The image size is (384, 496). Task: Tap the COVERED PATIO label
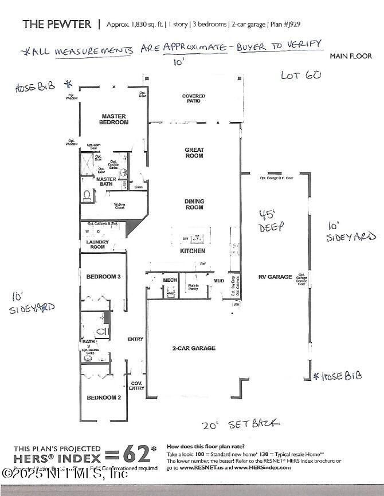click(x=194, y=99)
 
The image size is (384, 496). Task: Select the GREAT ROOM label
click(x=194, y=153)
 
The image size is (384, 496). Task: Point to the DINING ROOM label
click(x=194, y=204)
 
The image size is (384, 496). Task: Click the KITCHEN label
click(x=193, y=251)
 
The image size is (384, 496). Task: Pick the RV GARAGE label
click(x=276, y=277)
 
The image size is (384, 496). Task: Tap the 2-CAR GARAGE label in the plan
click(x=194, y=348)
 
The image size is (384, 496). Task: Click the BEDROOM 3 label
click(x=103, y=277)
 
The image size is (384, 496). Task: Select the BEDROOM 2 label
click(x=103, y=397)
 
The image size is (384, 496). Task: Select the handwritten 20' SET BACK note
click(x=241, y=424)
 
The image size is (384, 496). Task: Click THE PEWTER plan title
click(x=57, y=24)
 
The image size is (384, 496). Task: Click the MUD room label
click(x=218, y=281)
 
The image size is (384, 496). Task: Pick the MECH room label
click(x=170, y=280)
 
